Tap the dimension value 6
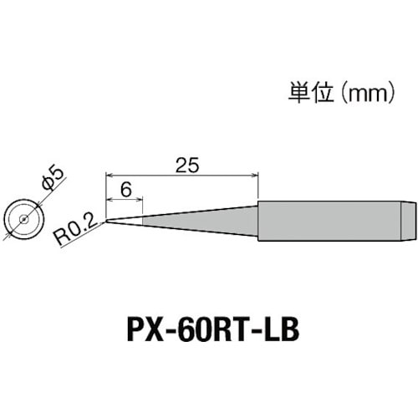(x=125, y=189)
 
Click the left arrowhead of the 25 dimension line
(x=110, y=174)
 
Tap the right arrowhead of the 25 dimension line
(x=253, y=174)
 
